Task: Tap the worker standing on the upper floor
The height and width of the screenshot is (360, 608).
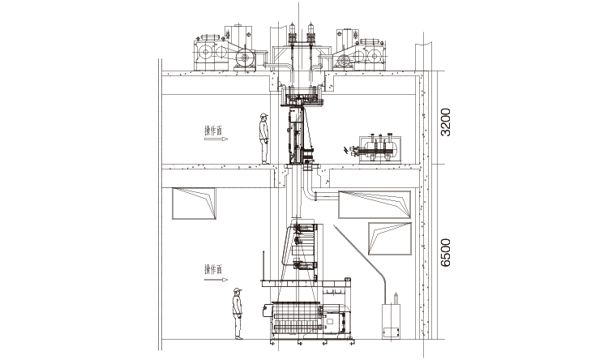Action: pyautogui.click(x=264, y=139)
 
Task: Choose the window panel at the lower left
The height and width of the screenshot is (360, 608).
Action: pyautogui.click(x=195, y=204)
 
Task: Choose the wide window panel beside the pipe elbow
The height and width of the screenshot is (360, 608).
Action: pyautogui.click(x=374, y=204)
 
